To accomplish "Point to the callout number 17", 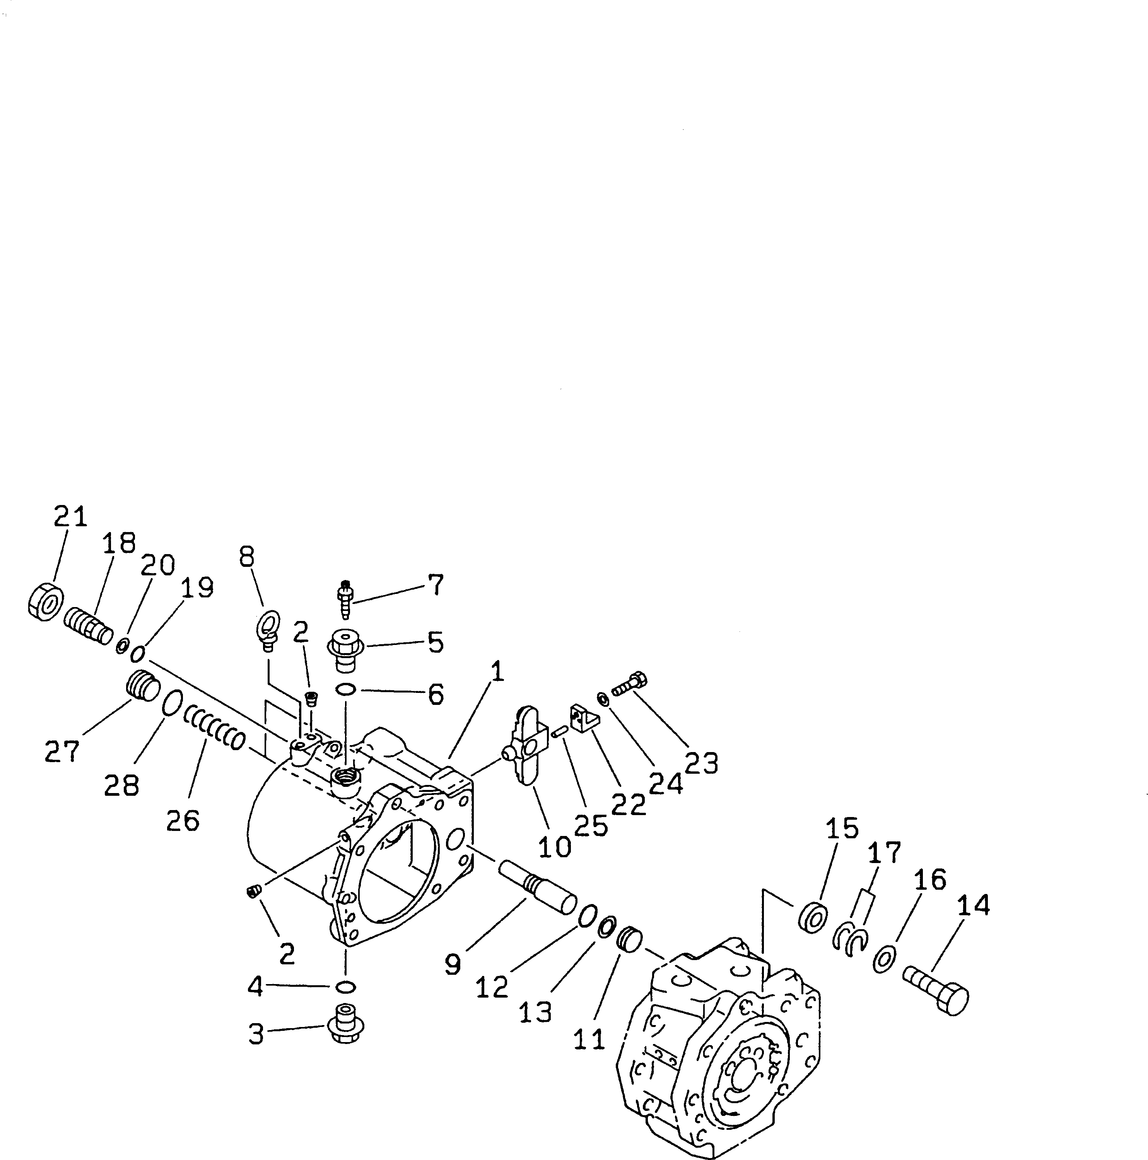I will click(x=884, y=853).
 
